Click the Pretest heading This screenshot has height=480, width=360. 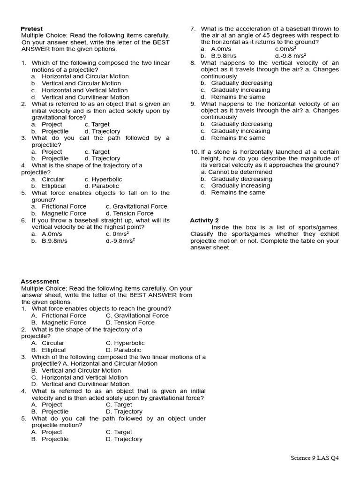(x=31, y=29)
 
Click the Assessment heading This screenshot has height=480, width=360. (x=40, y=281)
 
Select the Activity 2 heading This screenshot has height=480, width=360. (x=204, y=220)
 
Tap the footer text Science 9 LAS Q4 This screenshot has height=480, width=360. (x=314, y=457)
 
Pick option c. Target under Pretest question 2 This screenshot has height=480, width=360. (x=97, y=124)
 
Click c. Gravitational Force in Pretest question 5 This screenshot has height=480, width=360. (x=136, y=206)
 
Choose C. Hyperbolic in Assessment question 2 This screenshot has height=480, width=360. (x=125, y=343)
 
